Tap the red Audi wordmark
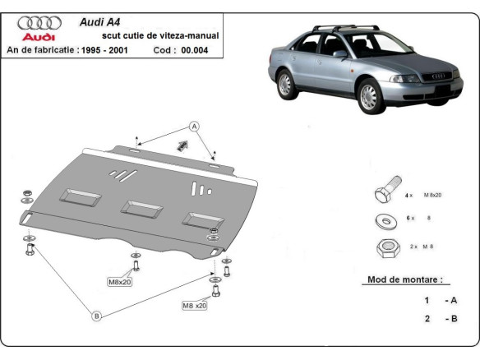[x=38, y=37]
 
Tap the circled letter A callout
[x=195, y=126]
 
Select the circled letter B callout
[x=95, y=316]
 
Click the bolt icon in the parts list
[x=385, y=194]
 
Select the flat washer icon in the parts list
[x=385, y=221]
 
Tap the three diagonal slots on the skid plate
[x=120, y=174]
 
